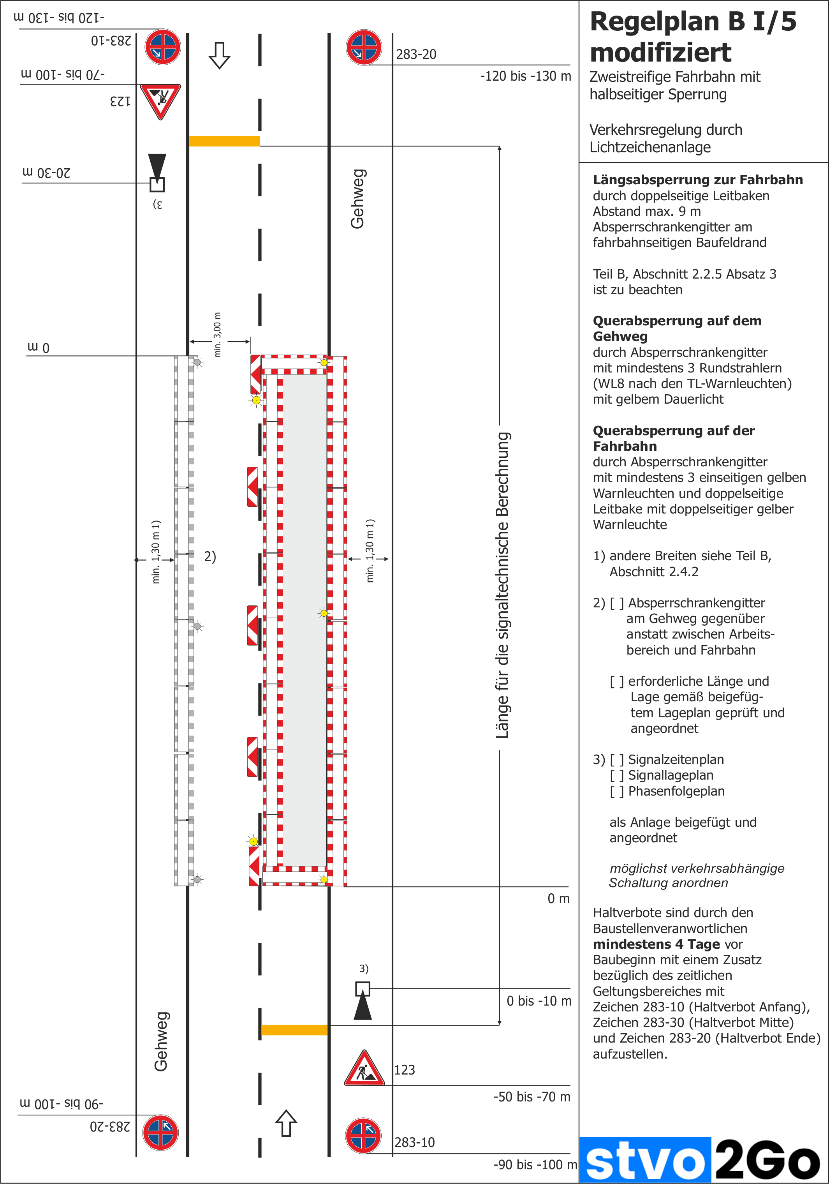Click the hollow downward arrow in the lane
pyautogui.click(x=220, y=55)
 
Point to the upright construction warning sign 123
pyautogui.click(x=364, y=1069)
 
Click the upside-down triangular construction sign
pyautogui.click(x=160, y=101)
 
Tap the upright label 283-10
pyautogui.click(x=414, y=1142)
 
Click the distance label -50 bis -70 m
pyautogui.click(x=532, y=1096)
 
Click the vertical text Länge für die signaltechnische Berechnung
pyautogui.click(x=503, y=585)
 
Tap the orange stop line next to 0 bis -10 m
pyautogui.click(x=294, y=1030)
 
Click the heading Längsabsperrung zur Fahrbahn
pyautogui.click(x=697, y=180)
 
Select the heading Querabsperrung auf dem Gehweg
pyautogui.click(x=676, y=328)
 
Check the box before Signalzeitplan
pyautogui.click(x=617, y=760)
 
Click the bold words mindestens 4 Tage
pyautogui.click(x=656, y=944)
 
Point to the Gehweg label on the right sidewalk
pyautogui.click(x=357, y=199)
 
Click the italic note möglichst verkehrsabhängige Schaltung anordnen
pyautogui.click(x=696, y=875)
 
